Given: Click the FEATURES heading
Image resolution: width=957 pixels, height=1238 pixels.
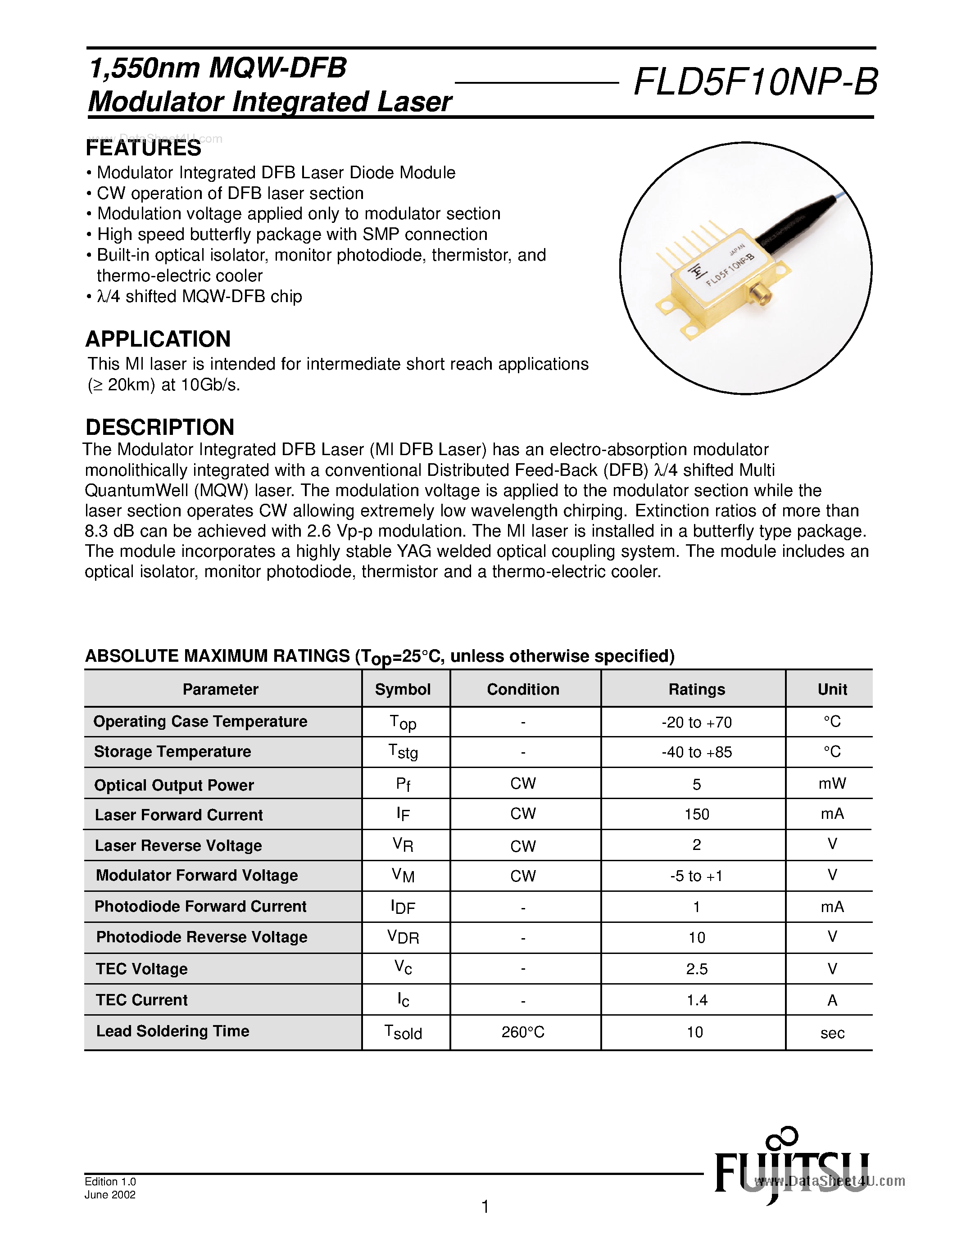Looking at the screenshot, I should coord(143,149).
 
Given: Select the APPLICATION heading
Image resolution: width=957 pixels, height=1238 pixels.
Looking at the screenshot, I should coord(158,339).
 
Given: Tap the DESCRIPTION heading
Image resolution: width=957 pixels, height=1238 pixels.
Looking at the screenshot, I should coord(160,427).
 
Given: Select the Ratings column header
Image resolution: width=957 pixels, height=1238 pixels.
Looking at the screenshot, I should coord(696,689).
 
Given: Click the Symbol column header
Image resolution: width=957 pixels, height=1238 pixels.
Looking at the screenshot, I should coord(403,689).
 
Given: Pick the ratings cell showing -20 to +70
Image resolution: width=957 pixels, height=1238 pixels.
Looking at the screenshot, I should coord(696,723).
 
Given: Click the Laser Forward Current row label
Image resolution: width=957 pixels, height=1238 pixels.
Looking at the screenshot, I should coord(179,815).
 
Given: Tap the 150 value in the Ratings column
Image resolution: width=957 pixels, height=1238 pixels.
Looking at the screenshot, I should coord(696,814).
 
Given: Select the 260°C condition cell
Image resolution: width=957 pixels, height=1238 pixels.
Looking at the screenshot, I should coord(523,1032).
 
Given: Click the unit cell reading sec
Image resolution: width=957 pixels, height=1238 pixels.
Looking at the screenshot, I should coord(832,1033).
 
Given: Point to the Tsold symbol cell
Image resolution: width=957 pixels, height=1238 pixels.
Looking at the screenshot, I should coord(403,1032).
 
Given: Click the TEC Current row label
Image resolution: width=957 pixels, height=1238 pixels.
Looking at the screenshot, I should coord(142,1000).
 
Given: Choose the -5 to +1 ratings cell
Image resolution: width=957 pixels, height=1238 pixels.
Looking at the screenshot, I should coord(696,877).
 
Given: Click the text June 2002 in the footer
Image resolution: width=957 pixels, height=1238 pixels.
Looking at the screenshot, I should coord(110,1195).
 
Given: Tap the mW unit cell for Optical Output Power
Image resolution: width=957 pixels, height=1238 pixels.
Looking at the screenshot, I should coord(832,784).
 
